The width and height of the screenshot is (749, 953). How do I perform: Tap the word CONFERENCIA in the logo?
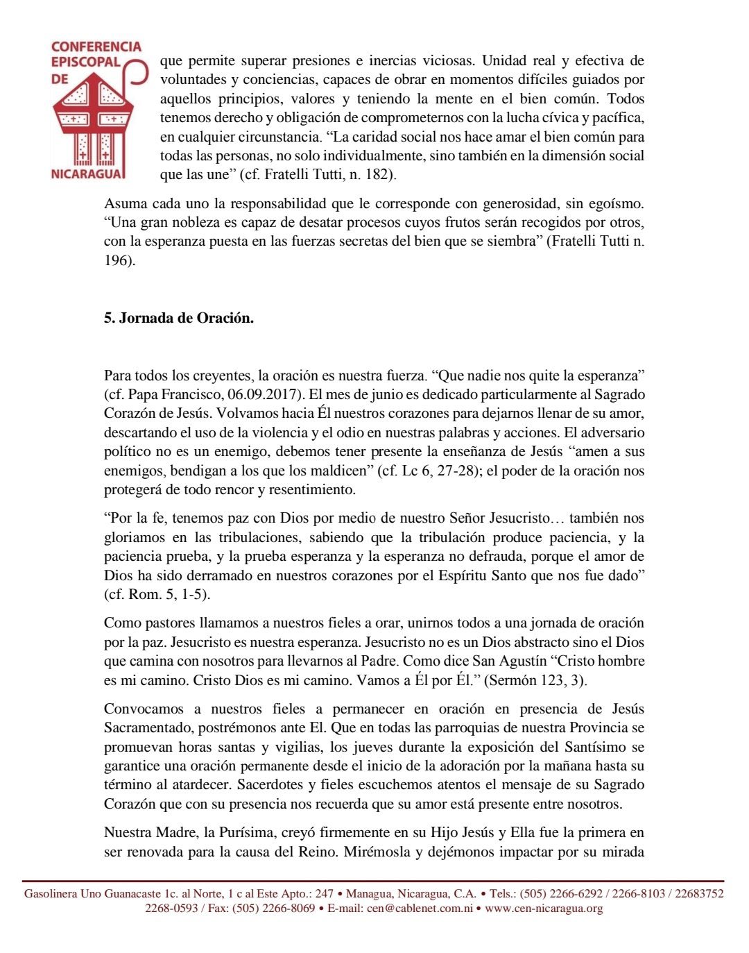[96, 47]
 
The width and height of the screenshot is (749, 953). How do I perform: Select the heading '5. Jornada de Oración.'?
[179, 319]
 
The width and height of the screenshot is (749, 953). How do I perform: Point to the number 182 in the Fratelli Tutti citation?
[377, 175]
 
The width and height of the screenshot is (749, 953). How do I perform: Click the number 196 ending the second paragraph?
[119, 261]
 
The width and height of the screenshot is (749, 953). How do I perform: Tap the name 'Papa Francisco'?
[173, 395]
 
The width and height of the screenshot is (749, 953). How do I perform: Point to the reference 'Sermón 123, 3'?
[537, 681]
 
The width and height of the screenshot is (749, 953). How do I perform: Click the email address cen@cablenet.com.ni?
[420, 909]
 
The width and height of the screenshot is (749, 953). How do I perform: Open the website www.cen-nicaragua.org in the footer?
[544, 909]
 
